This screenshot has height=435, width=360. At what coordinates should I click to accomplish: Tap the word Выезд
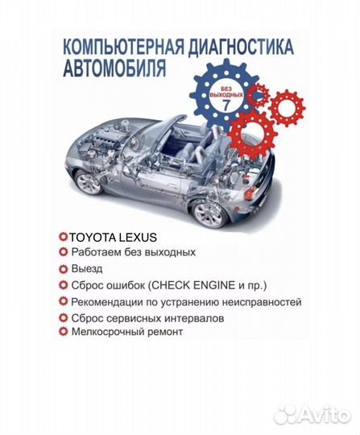click(88, 268)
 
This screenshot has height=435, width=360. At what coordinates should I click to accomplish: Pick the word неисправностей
click(259, 302)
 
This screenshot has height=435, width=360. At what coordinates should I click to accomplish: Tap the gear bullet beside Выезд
click(64, 268)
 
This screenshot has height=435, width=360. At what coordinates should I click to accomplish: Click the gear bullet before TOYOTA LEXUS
click(63, 238)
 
